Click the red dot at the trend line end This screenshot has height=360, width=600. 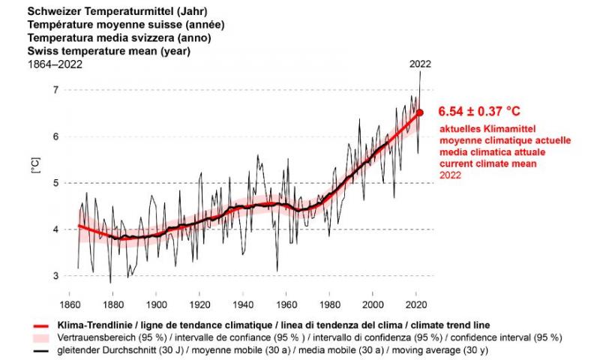tap(420, 112)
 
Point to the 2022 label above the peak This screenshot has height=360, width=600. tap(420, 64)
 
